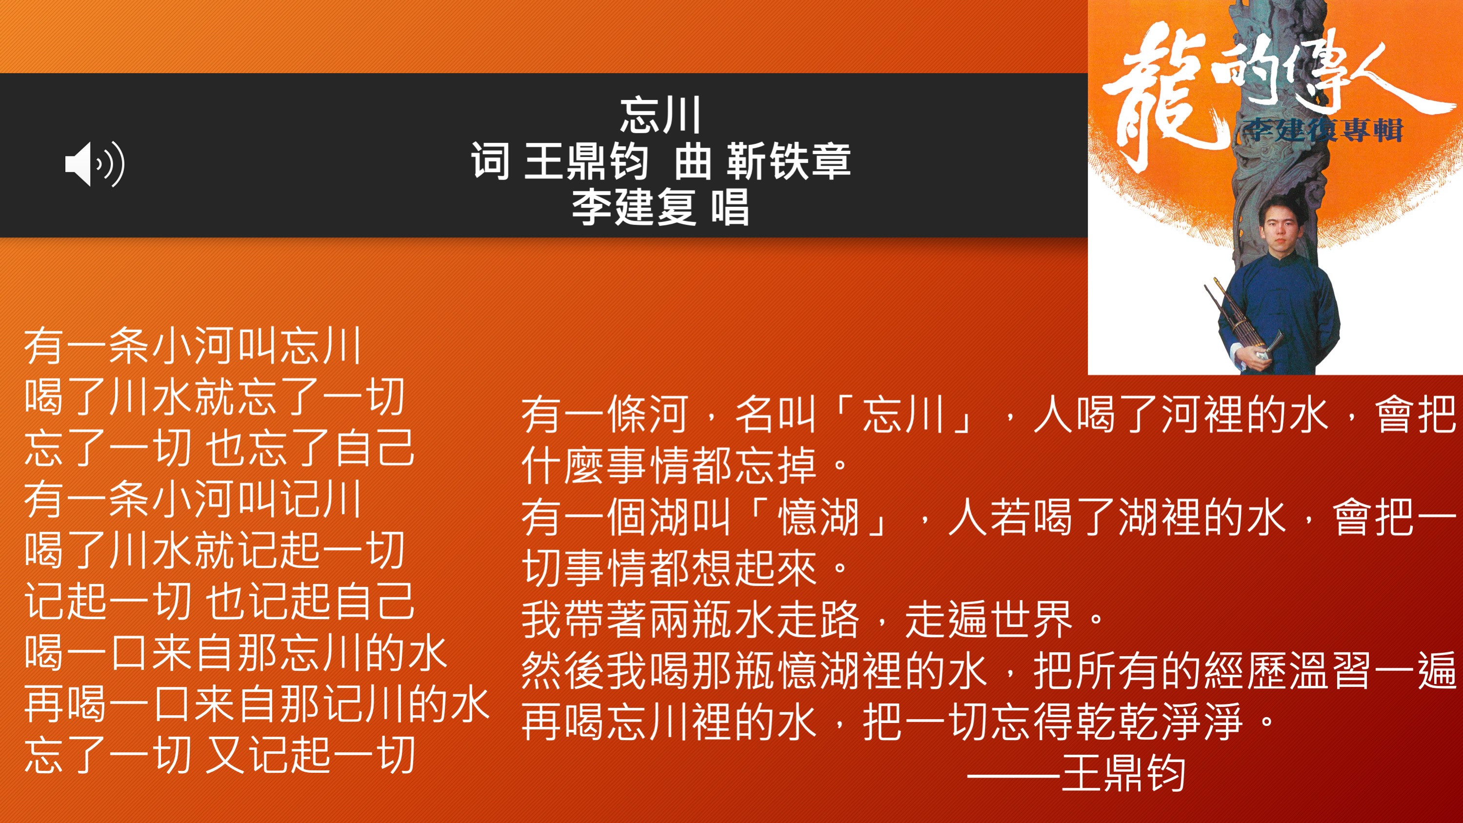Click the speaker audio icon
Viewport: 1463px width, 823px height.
click(95, 164)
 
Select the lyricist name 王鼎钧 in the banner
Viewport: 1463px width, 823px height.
click(586, 161)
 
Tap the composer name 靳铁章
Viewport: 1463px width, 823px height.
click(788, 161)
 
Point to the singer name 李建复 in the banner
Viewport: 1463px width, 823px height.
click(633, 207)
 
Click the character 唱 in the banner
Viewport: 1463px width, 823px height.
click(730, 207)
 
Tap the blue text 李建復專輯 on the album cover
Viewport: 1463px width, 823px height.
click(1323, 130)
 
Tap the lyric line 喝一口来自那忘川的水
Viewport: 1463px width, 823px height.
click(236, 653)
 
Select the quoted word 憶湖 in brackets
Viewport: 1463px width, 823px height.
click(818, 518)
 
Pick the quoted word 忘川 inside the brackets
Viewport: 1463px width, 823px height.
click(903, 414)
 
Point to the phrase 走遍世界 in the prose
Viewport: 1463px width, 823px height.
click(988, 620)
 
